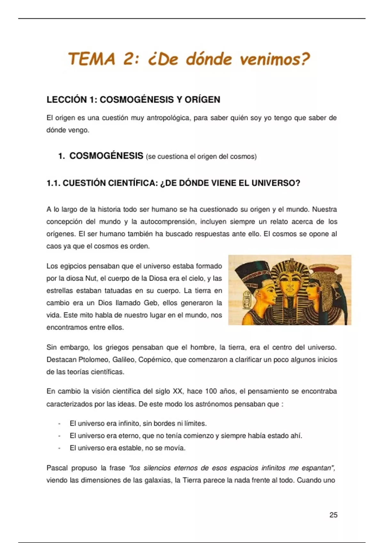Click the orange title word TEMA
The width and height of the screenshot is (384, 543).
point(92,59)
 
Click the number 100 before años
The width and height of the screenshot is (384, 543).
point(211,391)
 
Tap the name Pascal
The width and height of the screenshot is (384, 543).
point(57,468)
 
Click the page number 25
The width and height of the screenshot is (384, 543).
point(333,515)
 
